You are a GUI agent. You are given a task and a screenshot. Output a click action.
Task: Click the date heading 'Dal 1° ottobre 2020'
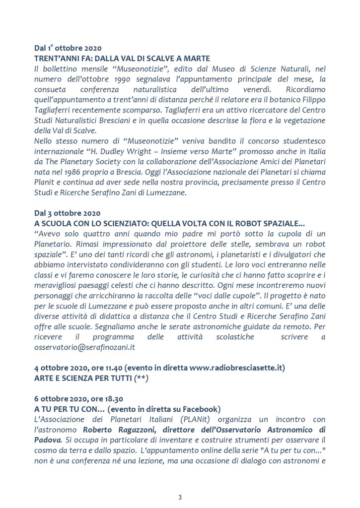[68, 49]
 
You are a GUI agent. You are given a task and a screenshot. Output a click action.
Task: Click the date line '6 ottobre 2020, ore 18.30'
[79, 399]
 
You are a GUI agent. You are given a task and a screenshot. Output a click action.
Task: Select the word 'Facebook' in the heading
[201, 409]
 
